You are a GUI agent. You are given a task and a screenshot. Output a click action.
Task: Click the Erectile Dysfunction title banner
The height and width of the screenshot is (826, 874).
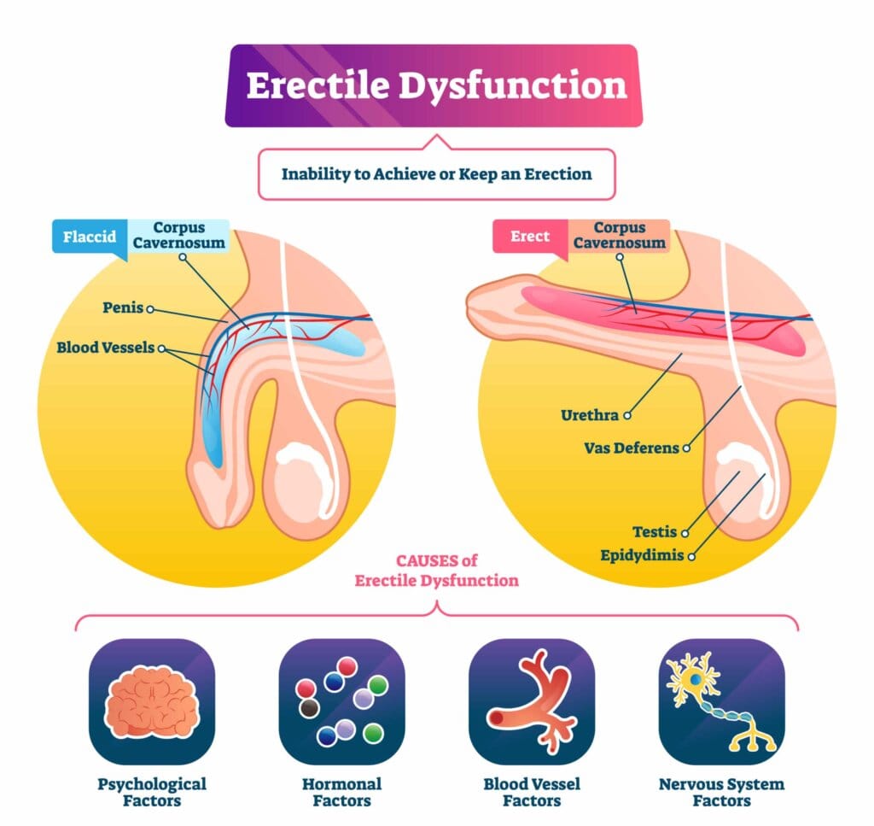pyautogui.click(x=436, y=86)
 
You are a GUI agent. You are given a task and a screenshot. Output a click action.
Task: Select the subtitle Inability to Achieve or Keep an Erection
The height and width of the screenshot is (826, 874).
pyautogui.click(x=436, y=174)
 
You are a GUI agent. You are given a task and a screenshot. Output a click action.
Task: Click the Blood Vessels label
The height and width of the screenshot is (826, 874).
pyautogui.click(x=106, y=349)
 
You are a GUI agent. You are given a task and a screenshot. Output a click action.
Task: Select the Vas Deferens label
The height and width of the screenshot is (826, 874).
pyautogui.click(x=631, y=448)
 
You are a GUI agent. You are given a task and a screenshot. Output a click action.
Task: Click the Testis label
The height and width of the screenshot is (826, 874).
pyautogui.click(x=655, y=531)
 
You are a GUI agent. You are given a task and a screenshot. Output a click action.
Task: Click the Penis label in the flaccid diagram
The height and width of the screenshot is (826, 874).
pyautogui.click(x=123, y=308)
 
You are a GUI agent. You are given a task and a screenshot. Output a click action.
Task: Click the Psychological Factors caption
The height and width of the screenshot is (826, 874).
pyautogui.click(x=151, y=792)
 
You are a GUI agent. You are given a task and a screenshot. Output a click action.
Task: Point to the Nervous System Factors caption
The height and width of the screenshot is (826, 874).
pyautogui.click(x=721, y=792)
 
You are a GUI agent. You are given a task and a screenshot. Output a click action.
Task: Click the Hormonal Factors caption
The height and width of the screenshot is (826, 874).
pyautogui.click(x=341, y=792)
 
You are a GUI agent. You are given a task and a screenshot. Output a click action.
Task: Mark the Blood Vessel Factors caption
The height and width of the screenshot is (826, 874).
pyautogui.click(x=531, y=792)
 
